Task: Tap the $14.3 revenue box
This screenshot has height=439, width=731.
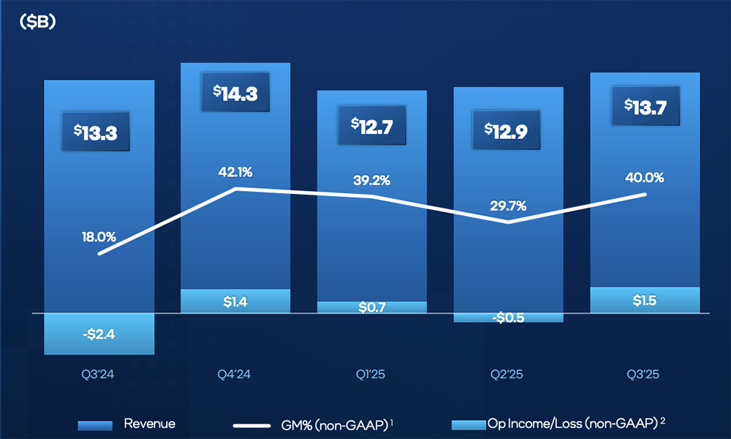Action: tap(235, 93)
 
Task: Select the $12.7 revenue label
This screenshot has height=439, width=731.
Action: tap(372, 125)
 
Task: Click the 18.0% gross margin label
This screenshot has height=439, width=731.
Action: tap(99, 237)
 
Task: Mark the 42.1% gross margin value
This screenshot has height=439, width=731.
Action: tap(235, 173)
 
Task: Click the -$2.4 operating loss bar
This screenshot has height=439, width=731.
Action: tap(99, 334)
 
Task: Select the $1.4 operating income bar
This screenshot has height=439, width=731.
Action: tap(235, 301)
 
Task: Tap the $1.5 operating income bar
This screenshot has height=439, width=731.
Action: tap(645, 300)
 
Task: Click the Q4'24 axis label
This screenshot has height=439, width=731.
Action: tap(235, 375)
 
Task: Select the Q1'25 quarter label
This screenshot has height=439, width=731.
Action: tap(372, 375)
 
